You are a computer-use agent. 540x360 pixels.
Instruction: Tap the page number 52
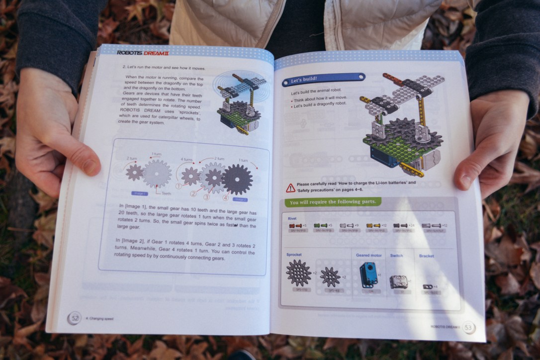(75, 317)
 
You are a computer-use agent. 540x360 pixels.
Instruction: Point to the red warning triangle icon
(290, 187)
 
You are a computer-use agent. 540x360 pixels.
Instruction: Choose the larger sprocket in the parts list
(298, 273)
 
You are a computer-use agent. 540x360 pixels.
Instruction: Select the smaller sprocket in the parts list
(330, 276)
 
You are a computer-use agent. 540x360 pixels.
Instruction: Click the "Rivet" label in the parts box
(292, 218)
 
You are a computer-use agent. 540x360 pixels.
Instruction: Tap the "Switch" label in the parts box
(396, 256)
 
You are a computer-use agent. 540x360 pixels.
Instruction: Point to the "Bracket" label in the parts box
(426, 256)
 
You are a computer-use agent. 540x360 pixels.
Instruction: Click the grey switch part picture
(397, 282)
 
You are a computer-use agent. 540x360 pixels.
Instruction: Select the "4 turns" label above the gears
(187, 160)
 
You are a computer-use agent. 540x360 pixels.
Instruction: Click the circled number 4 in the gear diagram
(225, 197)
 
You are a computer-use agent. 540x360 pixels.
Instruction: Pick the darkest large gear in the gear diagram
(237, 179)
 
